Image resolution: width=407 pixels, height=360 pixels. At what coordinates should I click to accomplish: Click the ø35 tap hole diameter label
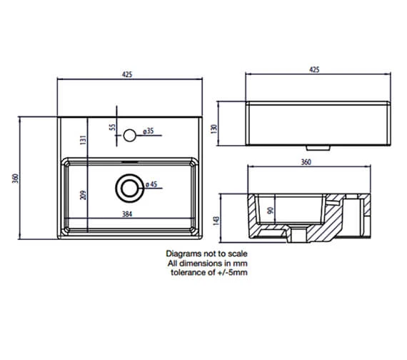click(150, 131)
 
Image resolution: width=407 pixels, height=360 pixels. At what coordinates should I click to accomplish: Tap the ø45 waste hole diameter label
click(152, 186)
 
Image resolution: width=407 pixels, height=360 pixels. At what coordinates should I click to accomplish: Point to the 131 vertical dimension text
click(83, 141)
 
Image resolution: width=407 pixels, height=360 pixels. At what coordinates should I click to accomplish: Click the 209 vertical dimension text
click(83, 195)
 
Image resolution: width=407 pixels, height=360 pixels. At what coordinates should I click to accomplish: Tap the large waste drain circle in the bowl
click(129, 186)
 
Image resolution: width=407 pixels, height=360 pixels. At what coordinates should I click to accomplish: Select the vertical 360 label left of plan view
click(16, 176)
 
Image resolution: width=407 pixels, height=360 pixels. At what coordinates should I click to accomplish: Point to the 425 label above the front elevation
click(314, 69)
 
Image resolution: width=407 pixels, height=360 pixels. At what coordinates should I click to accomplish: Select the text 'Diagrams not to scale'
click(206, 254)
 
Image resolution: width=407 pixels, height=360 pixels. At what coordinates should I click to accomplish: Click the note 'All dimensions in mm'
click(206, 263)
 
